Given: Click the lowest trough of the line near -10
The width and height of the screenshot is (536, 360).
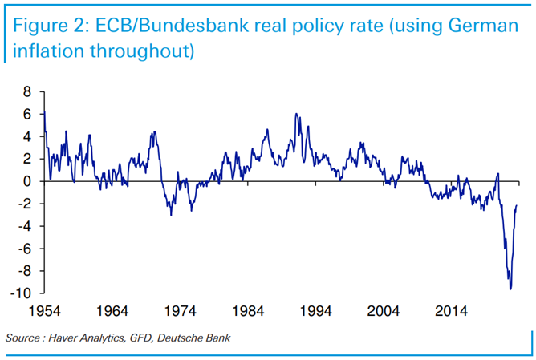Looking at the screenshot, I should click(x=510, y=289).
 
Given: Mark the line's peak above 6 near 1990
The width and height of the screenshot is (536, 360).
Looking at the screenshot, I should click(x=296, y=114).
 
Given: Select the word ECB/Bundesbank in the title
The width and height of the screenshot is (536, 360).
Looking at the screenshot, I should click(x=156, y=25).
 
